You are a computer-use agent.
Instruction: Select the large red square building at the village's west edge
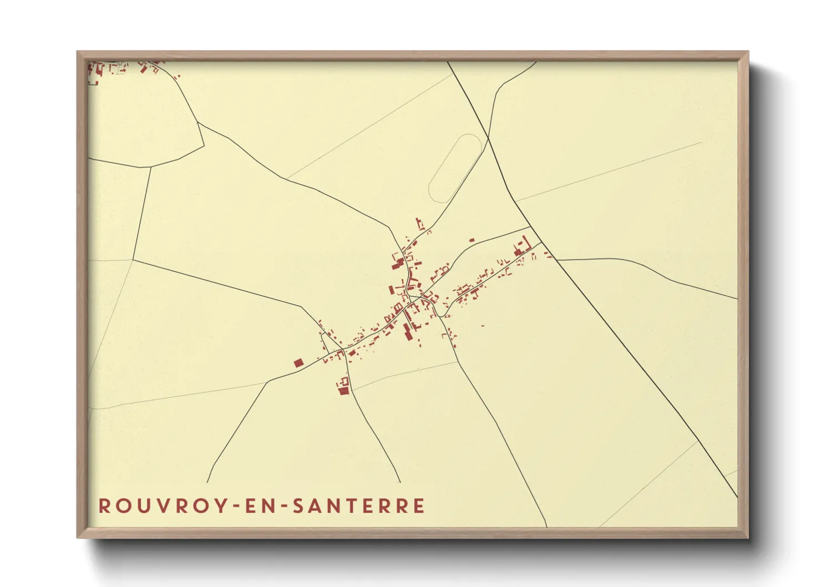click(298, 363)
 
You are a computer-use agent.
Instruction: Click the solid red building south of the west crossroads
click(344, 391)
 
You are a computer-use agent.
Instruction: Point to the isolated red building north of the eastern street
click(472, 240)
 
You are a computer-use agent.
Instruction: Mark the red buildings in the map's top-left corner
click(98, 70)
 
